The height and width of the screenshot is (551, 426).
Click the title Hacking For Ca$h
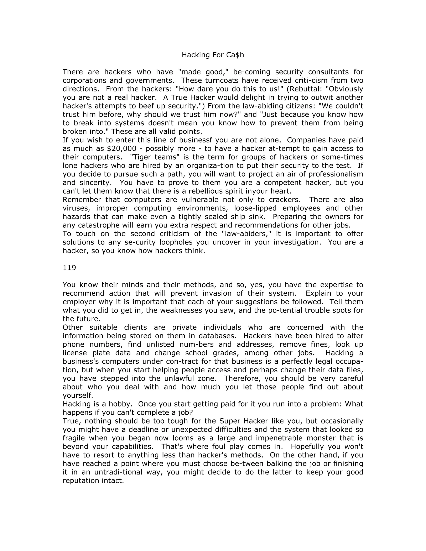coord(213,55)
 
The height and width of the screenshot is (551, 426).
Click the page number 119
coord(69,268)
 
